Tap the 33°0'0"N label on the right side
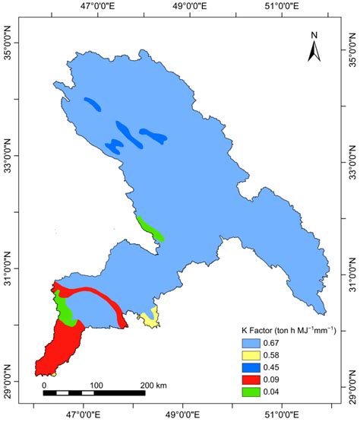click(x=352, y=163)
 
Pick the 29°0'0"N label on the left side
click(x=7, y=386)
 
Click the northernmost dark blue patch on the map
click(x=93, y=105)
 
